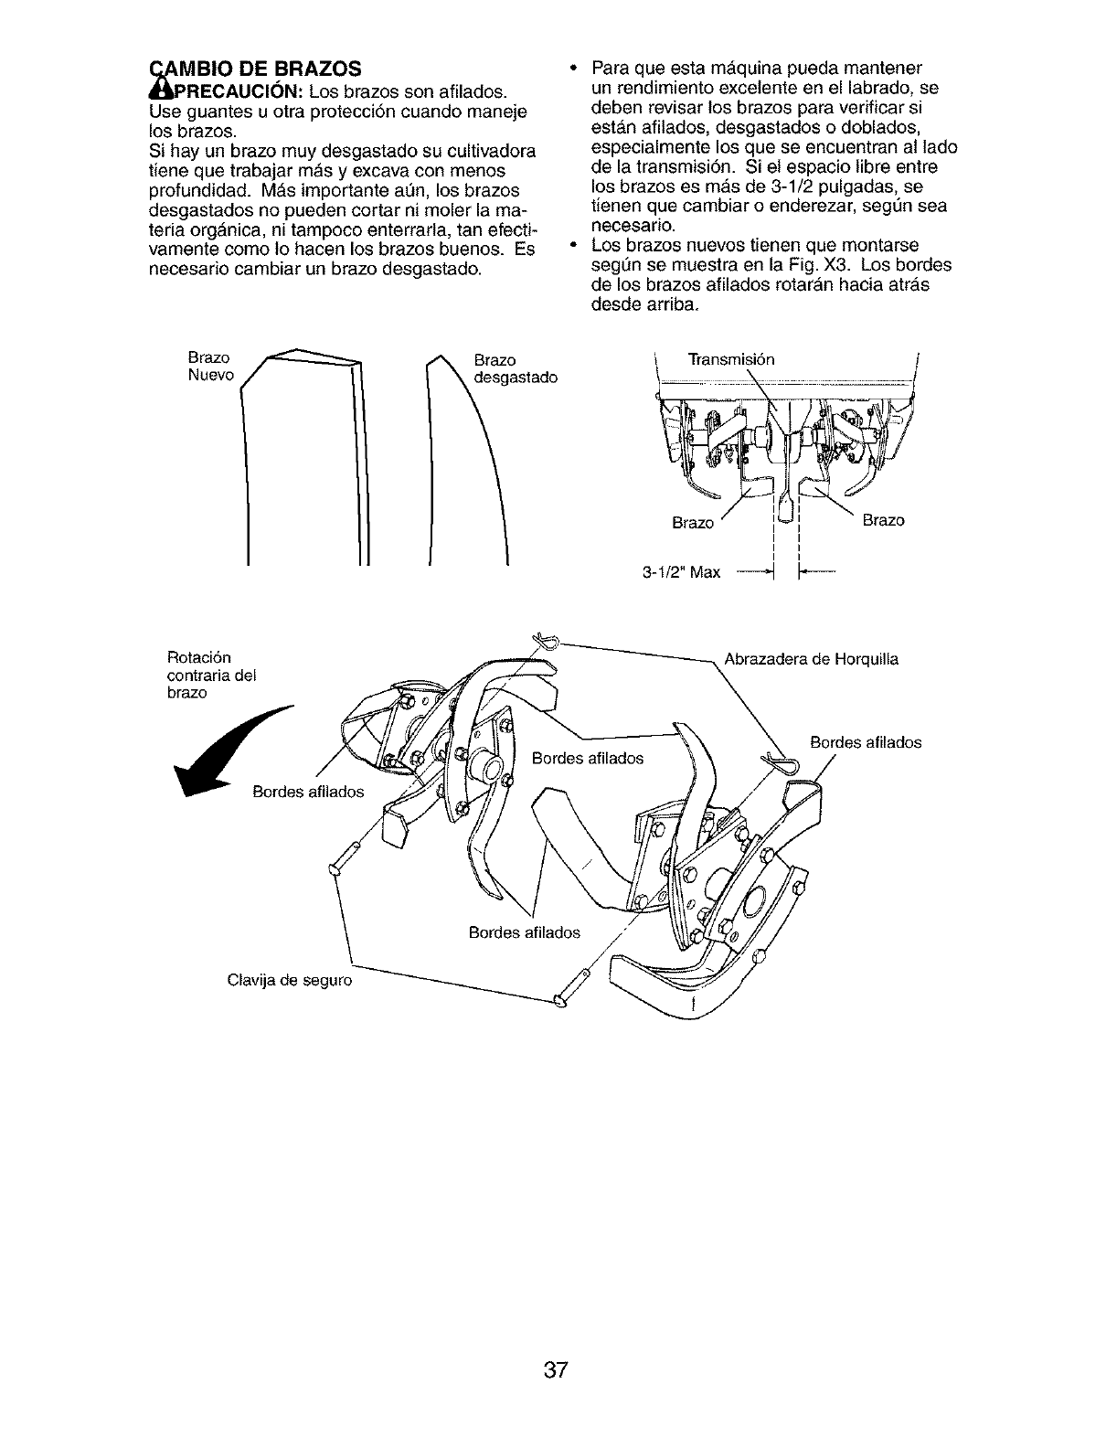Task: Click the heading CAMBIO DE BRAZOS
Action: (255, 69)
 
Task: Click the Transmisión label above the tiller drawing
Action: (730, 359)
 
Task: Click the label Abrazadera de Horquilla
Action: (811, 658)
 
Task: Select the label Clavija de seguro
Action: (288, 981)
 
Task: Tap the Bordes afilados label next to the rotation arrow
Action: (308, 791)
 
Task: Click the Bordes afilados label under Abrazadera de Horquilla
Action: (866, 742)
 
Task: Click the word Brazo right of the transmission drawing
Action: (883, 520)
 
